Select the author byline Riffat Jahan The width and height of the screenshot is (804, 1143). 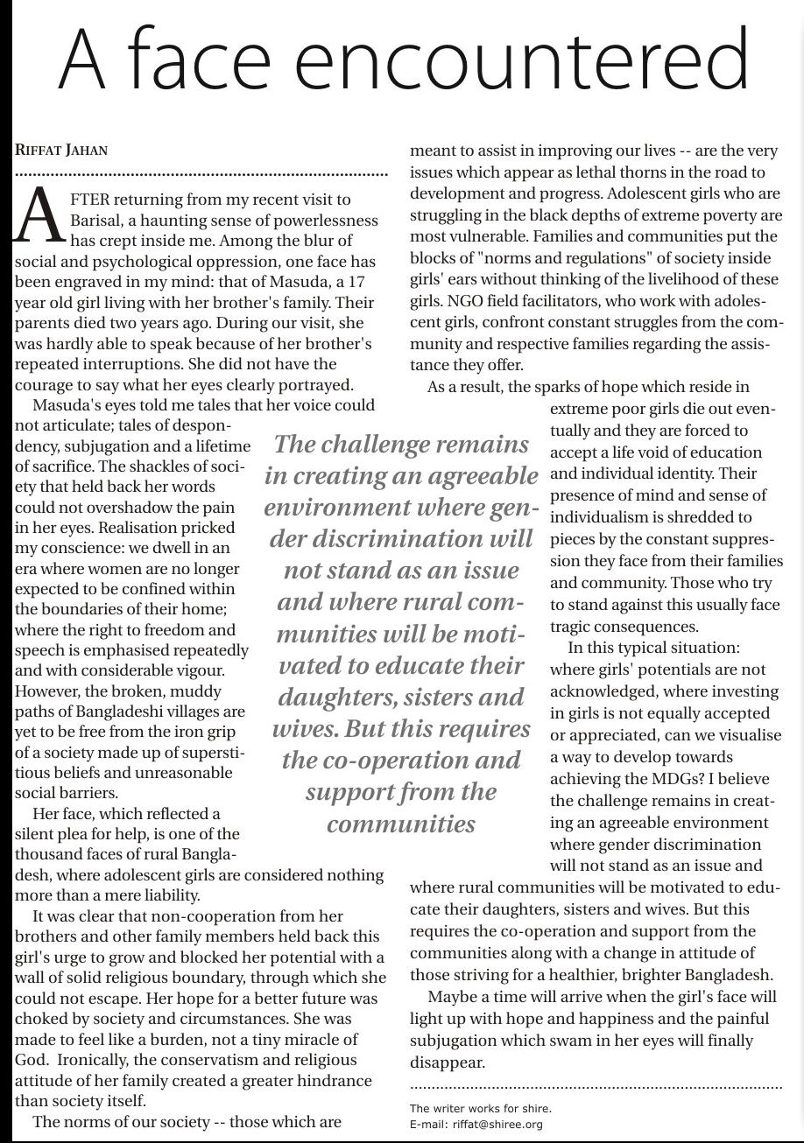[61, 150]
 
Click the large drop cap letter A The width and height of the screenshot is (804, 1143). [39, 215]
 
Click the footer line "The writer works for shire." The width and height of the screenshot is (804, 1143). [480, 1108]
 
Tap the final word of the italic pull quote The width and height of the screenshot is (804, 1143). [401, 824]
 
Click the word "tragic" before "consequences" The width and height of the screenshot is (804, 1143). [573, 627]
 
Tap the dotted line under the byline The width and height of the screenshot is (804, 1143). [201, 175]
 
